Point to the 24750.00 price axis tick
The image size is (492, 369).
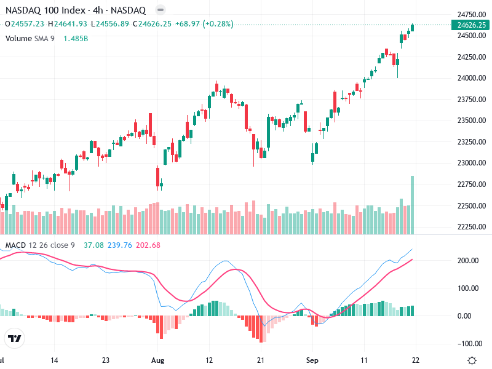pyautogui.click(x=469, y=14)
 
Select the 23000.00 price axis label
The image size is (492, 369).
pyautogui.click(x=469, y=163)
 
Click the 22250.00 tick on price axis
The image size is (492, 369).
pyautogui.click(x=469, y=227)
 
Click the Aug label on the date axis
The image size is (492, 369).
pyautogui.click(x=158, y=360)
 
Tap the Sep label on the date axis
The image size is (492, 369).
pyautogui.click(x=313, y=360)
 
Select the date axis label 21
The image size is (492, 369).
pyautogui.click(x=261, y=360)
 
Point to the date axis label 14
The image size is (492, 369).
pyautogui.click(x=54, y=360)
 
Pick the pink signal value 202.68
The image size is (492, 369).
pyautogui.click(x=147, y=245)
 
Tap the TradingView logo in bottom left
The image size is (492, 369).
pyautogui.click(x=14, y=338)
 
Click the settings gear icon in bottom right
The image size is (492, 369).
pyautogui.click(x=472, y=360)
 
